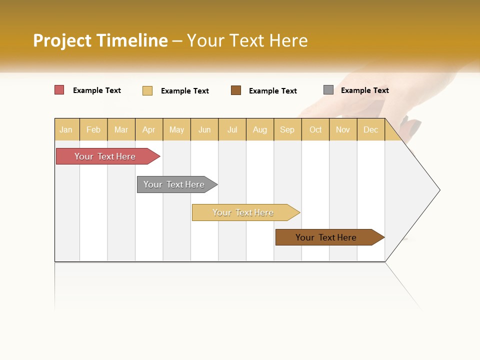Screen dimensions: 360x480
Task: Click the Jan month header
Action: click(66, 129)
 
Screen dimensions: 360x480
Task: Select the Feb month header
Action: click(93, 129)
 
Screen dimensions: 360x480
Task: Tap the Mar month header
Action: click(121, 129)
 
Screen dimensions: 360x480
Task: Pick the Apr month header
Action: click(149, 129)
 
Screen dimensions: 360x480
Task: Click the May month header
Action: click(176, 129)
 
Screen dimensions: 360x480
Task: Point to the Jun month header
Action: click(204, 129)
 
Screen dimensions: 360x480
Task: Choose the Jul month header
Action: click(232, 129)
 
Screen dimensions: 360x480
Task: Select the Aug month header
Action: click(260, 129)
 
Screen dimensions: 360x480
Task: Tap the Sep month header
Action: click(287, 129)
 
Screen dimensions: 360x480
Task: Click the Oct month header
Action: click(315, 129)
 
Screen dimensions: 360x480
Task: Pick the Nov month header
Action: click(343, 129)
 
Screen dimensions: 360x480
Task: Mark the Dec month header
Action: click(371, 129)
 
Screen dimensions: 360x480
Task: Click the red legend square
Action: click(59, 90)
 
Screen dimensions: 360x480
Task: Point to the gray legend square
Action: click(328, 90)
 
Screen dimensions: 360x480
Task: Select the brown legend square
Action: click(236, 90)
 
